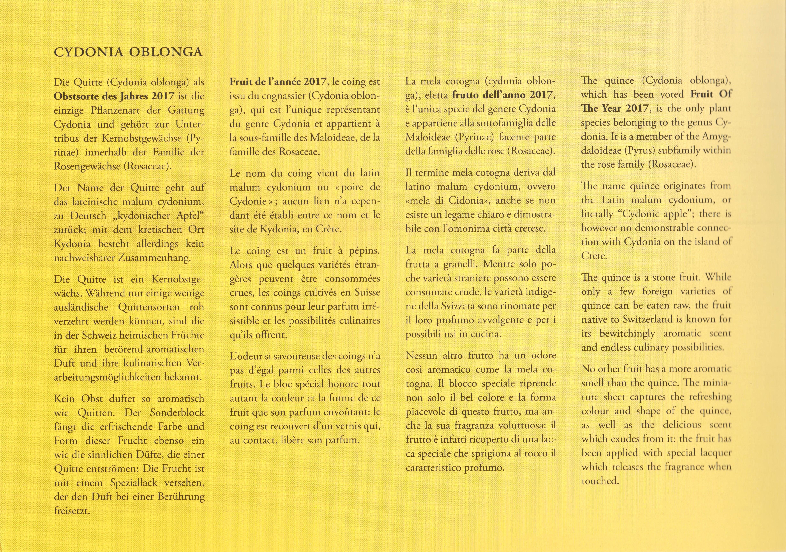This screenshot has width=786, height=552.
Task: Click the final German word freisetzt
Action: [x=72, y=511]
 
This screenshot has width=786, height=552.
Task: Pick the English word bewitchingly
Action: [x=627, y=333]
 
